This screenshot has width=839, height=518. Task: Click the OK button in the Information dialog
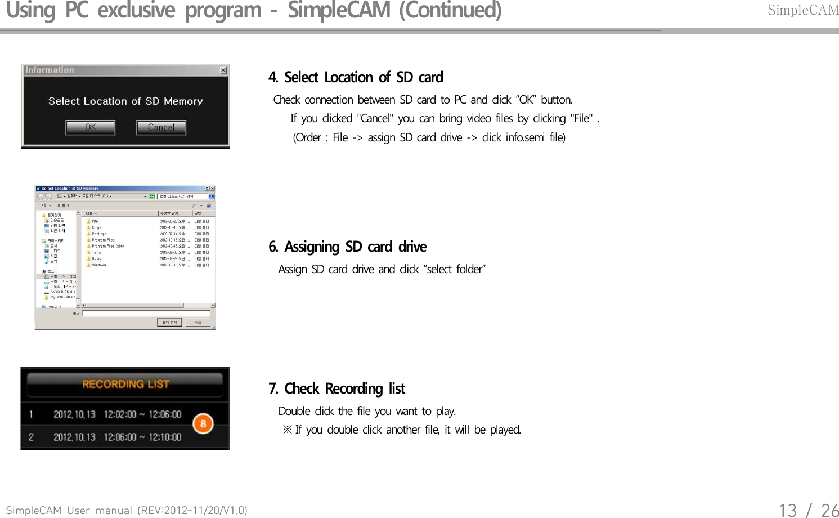pos(91,128)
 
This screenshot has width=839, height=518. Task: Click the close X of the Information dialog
pos(223,70)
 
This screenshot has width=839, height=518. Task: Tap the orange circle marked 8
pos(203,424)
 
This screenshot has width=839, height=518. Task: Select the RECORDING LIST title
pos(125,385)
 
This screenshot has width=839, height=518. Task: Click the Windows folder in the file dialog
pos(99,265)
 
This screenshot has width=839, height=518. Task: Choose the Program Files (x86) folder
pos(107,246)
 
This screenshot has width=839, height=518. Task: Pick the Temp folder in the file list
pos(97,252)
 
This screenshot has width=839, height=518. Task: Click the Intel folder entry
pos(95,221)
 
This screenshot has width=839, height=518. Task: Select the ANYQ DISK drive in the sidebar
pos(62,292)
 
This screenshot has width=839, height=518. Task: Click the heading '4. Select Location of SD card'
pos(356,77)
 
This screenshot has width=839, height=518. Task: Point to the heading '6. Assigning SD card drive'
pos(347,247)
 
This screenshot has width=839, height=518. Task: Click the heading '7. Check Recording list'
pos(337,389)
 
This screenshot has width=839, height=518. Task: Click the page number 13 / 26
pos(808,510)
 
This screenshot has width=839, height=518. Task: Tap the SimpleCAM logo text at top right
pos(803,10)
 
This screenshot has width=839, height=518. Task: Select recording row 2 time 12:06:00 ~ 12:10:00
pos(142,437)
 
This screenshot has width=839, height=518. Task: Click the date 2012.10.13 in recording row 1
pos(74,415)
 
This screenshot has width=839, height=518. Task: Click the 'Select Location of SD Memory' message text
pos(125,101)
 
